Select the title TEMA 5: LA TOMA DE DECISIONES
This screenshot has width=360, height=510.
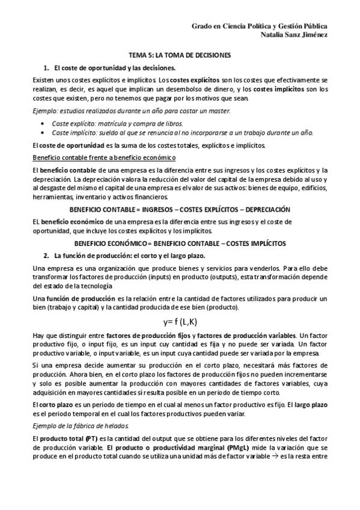click(x=180, y=55)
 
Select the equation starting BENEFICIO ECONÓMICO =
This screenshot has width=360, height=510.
click(x=180, y=243)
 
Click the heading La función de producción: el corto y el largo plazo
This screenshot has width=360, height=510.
click(x=129, y=255)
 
